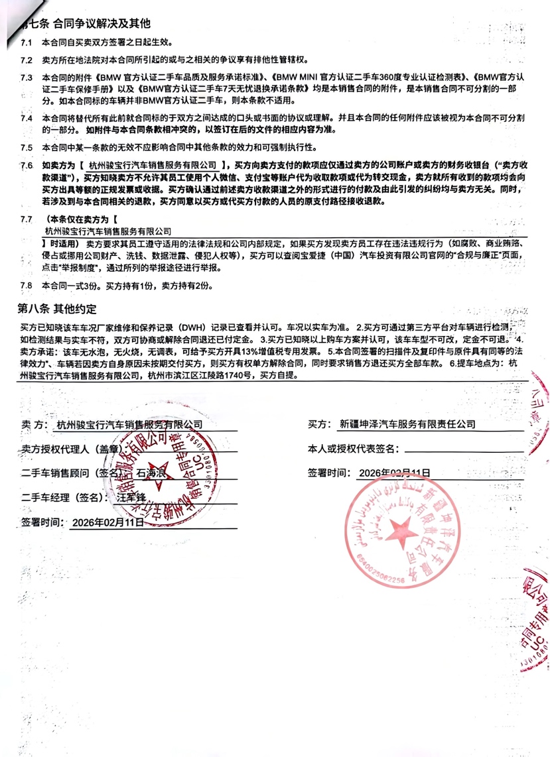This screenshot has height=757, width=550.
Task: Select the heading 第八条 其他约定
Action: pyautogui.click(x=58, y=309)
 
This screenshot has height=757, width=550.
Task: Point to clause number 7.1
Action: pyautogui.click(x=27, y=42)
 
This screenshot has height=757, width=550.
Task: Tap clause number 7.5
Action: pyautogui.click(x=27, y=147)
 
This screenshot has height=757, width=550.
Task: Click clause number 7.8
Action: pyautogui.click(x=27, y=286)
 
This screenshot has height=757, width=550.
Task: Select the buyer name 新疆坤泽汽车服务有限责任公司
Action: pyautogui.click(x=407, y=424)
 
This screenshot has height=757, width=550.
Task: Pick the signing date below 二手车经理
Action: pyautogui.click(x=107, y=522)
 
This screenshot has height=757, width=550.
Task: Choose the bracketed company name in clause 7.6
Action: pyautogui.click(x=153, y=164)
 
